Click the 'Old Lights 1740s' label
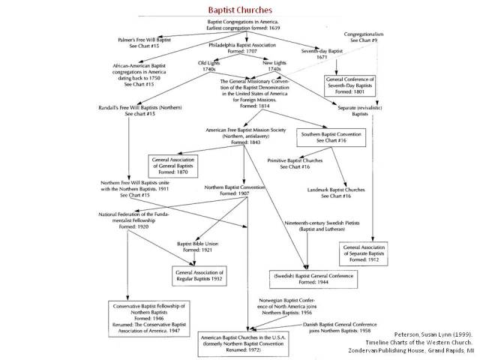coord(212,65)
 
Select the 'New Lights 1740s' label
coord(277,65)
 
